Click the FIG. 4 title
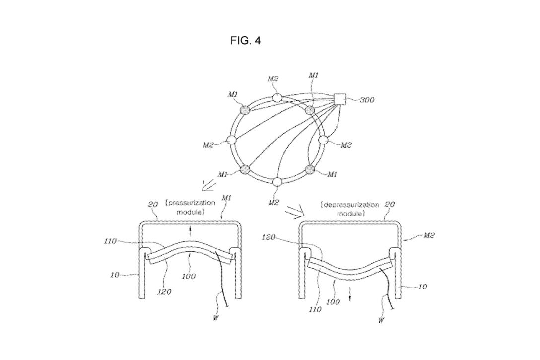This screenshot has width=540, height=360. coord(246,41)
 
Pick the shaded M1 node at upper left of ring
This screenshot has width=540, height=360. coord(246,110)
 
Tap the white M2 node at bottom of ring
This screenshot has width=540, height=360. coord(277,182)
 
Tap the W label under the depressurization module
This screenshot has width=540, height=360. coord(380,320)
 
